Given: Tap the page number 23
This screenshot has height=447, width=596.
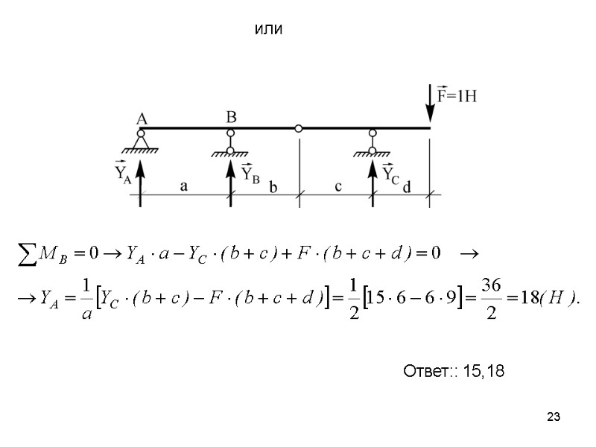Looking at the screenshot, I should tap(552, 416).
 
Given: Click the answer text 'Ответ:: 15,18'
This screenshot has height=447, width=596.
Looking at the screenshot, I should tap(453, 370).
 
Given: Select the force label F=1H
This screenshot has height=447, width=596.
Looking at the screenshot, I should tap(457, 96).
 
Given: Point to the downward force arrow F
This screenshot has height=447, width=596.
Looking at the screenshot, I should tap(430, 105).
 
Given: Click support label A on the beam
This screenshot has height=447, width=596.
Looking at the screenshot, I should tap(141, 118).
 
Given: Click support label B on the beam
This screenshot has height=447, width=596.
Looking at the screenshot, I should tap(231, 117).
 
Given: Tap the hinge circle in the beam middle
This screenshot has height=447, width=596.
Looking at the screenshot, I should tap(299, 128).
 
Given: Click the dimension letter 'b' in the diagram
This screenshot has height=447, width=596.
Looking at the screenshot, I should tap(273, 188).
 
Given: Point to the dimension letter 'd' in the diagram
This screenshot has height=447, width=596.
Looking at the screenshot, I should tap(406, 188).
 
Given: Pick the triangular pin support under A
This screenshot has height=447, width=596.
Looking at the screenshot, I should tap(141, 142).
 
